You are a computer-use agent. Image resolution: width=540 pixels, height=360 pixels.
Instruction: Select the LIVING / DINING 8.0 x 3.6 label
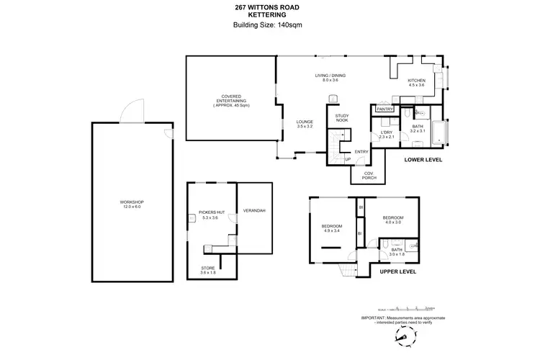point(330,78)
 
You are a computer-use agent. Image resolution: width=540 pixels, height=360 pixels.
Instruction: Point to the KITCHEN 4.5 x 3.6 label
point(417,83)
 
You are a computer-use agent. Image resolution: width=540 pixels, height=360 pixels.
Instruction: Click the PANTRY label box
point(384,109)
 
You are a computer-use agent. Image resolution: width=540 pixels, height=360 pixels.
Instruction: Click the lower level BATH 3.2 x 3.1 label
point(418,129)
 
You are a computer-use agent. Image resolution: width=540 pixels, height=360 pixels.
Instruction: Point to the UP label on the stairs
point(348,159)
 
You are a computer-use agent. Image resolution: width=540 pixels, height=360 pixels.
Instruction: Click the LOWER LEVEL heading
point(423,159)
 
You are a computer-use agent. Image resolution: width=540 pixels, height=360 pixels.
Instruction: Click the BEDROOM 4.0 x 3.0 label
point(392,220)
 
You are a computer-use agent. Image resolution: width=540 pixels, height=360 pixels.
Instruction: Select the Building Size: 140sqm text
point(268,26)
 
